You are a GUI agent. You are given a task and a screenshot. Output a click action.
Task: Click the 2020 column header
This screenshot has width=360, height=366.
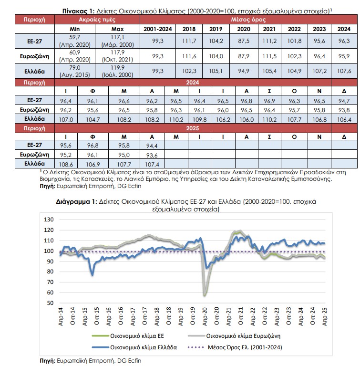point(244,29)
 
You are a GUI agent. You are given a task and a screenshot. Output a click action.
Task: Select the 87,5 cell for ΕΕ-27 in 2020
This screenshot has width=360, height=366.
point(244,41)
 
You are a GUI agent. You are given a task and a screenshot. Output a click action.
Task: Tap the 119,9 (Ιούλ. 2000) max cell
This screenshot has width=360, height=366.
point(118,71)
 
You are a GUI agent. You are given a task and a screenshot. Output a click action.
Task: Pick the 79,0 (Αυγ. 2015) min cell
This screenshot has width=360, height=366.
point(75,71)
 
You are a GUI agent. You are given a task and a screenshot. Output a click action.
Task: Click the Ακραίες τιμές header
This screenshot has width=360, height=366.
point(97,20)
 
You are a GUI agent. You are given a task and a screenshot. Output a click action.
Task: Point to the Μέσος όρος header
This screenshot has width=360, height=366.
point(248,20)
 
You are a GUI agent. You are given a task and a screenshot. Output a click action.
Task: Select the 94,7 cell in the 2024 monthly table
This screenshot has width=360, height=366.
point(344,101)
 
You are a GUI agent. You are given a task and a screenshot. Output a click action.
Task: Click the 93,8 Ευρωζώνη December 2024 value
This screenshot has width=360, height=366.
point(344,110)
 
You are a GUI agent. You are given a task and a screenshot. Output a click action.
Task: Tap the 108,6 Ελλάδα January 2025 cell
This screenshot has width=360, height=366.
point(66,164)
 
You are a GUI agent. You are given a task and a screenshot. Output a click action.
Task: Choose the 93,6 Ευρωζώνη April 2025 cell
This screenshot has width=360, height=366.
point(152,155)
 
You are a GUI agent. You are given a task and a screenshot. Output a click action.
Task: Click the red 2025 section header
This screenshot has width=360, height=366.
point(193,128)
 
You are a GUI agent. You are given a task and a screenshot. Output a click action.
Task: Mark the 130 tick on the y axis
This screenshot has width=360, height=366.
point(49,220)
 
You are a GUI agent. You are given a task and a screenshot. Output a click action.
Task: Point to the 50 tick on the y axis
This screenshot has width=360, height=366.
point(50,303)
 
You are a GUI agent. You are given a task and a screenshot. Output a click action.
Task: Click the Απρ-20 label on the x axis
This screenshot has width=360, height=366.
point(205,316)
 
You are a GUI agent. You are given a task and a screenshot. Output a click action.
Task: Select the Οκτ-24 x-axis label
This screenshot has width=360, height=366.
point(312,316)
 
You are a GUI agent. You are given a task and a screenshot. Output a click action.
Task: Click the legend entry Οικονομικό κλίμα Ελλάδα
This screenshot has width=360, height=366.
point(134,347)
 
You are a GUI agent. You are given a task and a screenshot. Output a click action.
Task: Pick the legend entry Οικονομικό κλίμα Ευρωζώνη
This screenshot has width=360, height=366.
point(234,336)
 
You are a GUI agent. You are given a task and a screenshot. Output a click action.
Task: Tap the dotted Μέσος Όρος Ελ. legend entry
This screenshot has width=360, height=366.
point(235,347)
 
